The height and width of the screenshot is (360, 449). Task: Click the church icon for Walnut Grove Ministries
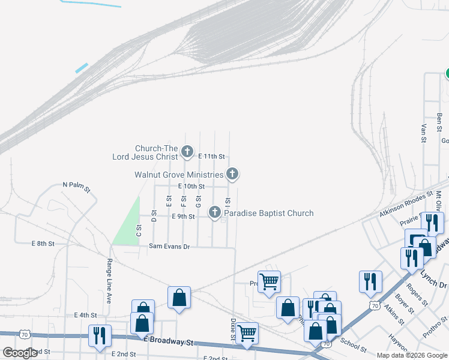(232, 175)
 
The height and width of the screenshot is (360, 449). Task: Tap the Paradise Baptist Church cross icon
(214, 212)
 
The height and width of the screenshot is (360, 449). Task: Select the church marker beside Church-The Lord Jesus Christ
(187, 152)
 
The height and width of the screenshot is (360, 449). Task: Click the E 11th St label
(211, 157)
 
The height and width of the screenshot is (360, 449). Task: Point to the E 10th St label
(191, 187)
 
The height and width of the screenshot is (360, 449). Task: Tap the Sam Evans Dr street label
(169, 246)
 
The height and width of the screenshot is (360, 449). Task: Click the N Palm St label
(76, 188)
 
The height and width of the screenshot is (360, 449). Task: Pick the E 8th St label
(43, 244)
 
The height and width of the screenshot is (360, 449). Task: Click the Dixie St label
(232, 329)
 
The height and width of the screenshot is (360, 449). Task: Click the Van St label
(424, 133)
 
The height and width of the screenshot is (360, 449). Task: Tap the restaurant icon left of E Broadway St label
(98, 335)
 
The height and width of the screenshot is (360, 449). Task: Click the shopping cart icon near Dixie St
(247, 333)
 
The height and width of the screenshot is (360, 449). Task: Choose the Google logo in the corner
(20, 353)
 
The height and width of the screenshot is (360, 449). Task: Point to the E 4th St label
(85, 315)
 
